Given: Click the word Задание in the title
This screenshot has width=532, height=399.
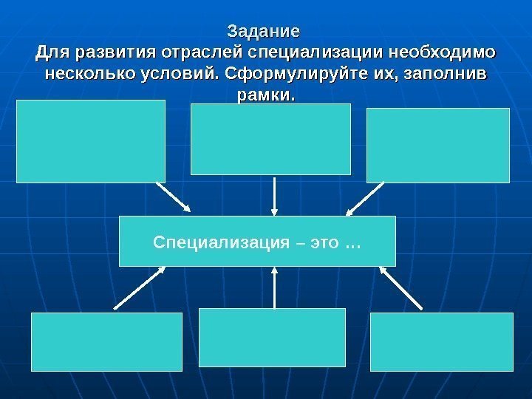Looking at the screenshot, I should pos(264,33).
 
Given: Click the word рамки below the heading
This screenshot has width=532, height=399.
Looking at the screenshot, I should pos(262,96).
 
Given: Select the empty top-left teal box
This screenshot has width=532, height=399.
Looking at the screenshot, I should pos(91,141).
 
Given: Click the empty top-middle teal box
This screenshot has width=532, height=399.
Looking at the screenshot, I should pos(270,139).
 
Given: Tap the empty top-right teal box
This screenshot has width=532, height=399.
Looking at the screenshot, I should pos(438,145).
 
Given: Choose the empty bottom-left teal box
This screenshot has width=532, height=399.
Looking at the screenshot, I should pos(106,341).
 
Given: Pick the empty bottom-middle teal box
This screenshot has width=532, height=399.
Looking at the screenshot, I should pos(273,338).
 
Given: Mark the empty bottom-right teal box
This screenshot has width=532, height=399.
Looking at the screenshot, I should pos(442,341).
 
